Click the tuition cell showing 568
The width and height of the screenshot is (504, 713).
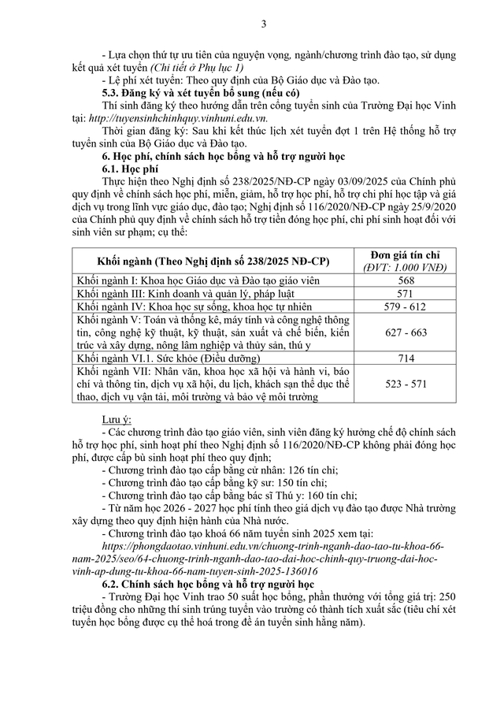(x=406, y=281)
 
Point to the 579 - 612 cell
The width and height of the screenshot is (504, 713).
(x=406, y=307)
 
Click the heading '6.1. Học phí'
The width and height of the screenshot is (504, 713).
(x=130, y=169)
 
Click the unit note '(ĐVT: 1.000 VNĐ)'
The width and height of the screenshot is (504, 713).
(x=406, y=268)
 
